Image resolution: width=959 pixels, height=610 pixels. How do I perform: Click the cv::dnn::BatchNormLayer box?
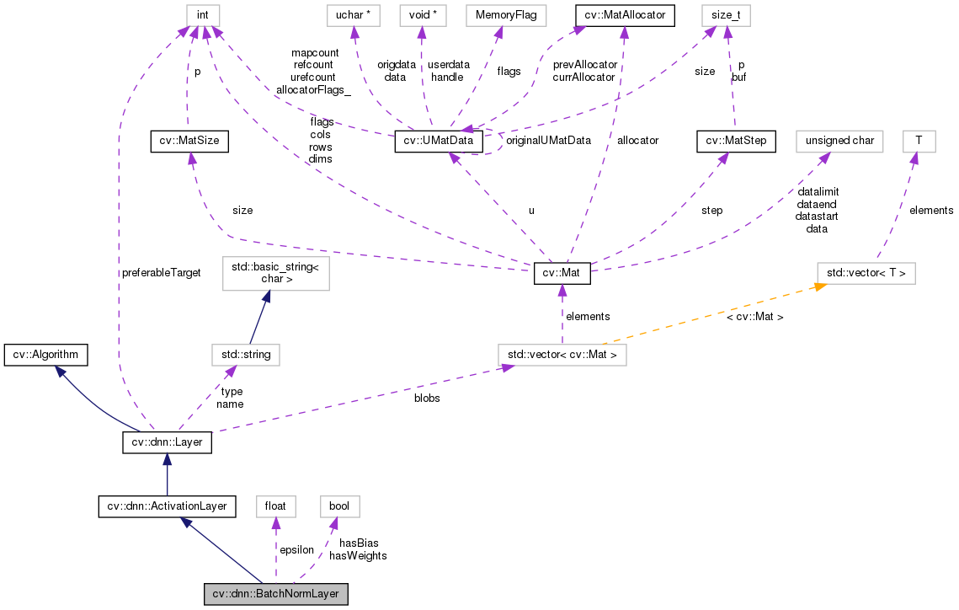click(275, 594)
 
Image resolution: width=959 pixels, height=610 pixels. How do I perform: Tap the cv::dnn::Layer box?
click(167, 442)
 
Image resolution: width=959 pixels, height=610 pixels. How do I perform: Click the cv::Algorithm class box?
click(45, 355)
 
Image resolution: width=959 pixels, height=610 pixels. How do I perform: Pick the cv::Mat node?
click(562, 274)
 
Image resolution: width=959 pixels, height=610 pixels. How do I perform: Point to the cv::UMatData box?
click(439, 142)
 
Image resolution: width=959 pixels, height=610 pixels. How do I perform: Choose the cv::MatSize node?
click(189, 142)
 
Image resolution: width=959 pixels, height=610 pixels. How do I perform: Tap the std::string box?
click(245, 355)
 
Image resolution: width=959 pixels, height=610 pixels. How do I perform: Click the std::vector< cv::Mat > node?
click(562, 355)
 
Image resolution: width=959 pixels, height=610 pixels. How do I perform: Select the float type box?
click(275, 506)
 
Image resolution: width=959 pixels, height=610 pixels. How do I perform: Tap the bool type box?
click(339, 506)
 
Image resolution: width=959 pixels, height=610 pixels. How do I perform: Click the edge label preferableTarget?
click(161, 273)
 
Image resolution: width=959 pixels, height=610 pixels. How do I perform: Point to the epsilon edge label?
click(296, 549)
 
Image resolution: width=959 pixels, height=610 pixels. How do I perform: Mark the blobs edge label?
click(427, 398)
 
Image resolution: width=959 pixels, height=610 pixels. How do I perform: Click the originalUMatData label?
click(548, 140)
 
